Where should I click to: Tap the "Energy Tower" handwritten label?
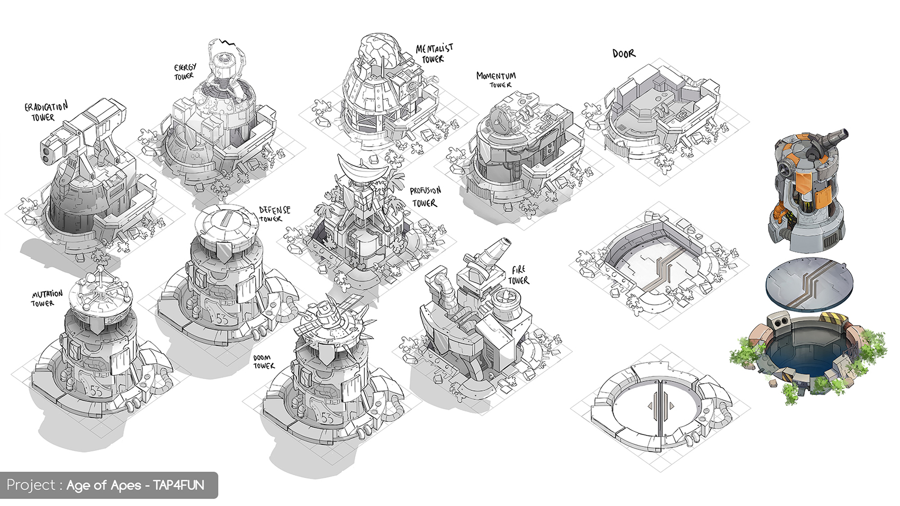[185, 72]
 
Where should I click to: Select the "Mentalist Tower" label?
[435, 53]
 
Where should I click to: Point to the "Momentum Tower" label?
[496, 80]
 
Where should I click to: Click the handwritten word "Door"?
[624, 53]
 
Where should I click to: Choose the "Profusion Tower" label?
[425, 196]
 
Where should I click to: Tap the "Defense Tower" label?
[274, 214]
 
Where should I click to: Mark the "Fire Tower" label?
[518, 275]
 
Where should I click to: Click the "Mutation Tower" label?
[47, 299]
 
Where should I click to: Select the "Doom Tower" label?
[263, 362]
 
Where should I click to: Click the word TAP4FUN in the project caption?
[178, 485]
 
